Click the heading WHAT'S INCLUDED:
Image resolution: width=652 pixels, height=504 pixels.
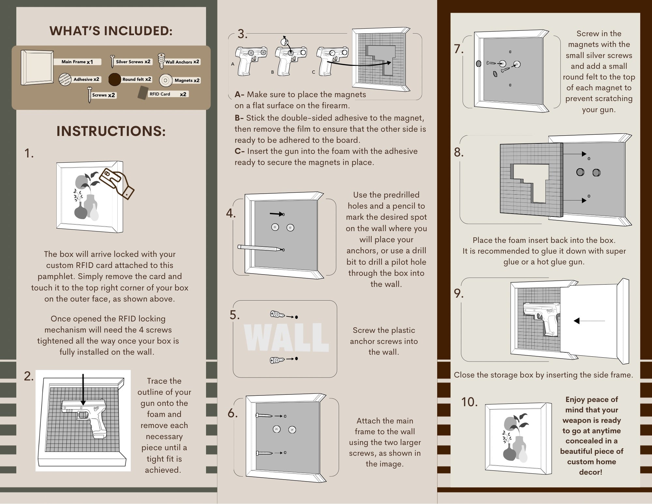tap(111, 31)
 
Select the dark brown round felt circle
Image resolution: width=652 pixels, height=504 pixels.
tap(114, 80)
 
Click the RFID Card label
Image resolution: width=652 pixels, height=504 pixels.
tap(160, 94)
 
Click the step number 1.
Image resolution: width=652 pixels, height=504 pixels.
tap(29, 153)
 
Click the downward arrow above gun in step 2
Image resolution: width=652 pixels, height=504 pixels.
tap(83, 390)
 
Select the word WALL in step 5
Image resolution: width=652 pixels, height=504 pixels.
tap(286, 337)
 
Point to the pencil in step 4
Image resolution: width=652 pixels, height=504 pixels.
tap(259, 248)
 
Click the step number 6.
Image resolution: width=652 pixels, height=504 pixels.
tap(232, 413)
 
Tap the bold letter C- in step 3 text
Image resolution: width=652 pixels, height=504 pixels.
tap(240, 151)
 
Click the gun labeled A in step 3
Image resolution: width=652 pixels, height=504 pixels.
tap(250, 60)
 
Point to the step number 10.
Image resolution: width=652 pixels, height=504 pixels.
tap(469, 402)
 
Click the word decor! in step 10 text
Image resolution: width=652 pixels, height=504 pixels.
tap(590, 472)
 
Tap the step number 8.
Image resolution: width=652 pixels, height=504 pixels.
tap(459, 152)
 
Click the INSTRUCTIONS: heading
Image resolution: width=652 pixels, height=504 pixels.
tap(111, 131)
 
